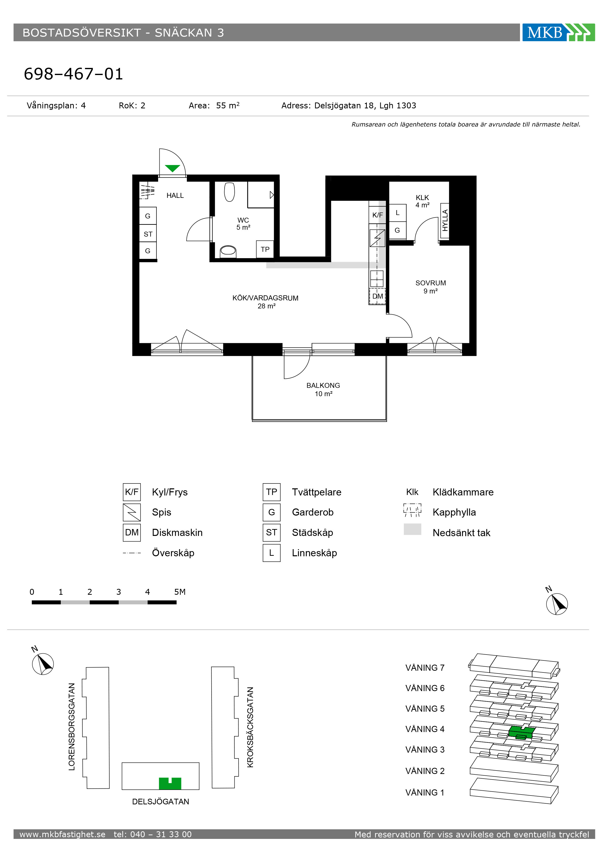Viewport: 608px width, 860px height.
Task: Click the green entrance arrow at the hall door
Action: (x=172, y=168)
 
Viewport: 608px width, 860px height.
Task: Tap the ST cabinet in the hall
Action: (x=148, y=234)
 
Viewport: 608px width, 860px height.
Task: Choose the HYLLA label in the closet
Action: (x=445, y=221)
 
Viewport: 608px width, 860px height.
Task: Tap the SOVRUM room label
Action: (x=431, y=283)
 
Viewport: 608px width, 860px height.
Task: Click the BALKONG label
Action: (x=323, y=385)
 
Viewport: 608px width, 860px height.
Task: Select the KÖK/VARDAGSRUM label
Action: (x=265, y=298)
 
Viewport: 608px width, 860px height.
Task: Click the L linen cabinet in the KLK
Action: (x=397, y=213)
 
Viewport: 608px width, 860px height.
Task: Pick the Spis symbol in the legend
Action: (x=132, y=512)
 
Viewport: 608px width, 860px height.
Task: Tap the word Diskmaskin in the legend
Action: (x=177, y=533)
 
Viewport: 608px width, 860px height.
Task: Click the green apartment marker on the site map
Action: (x=170, y=783)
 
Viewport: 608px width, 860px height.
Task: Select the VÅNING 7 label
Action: (x=425, y=668)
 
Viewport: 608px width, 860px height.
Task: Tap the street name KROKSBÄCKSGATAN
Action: (x=250, y=727)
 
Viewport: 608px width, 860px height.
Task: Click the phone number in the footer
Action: (x=152, y=834)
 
